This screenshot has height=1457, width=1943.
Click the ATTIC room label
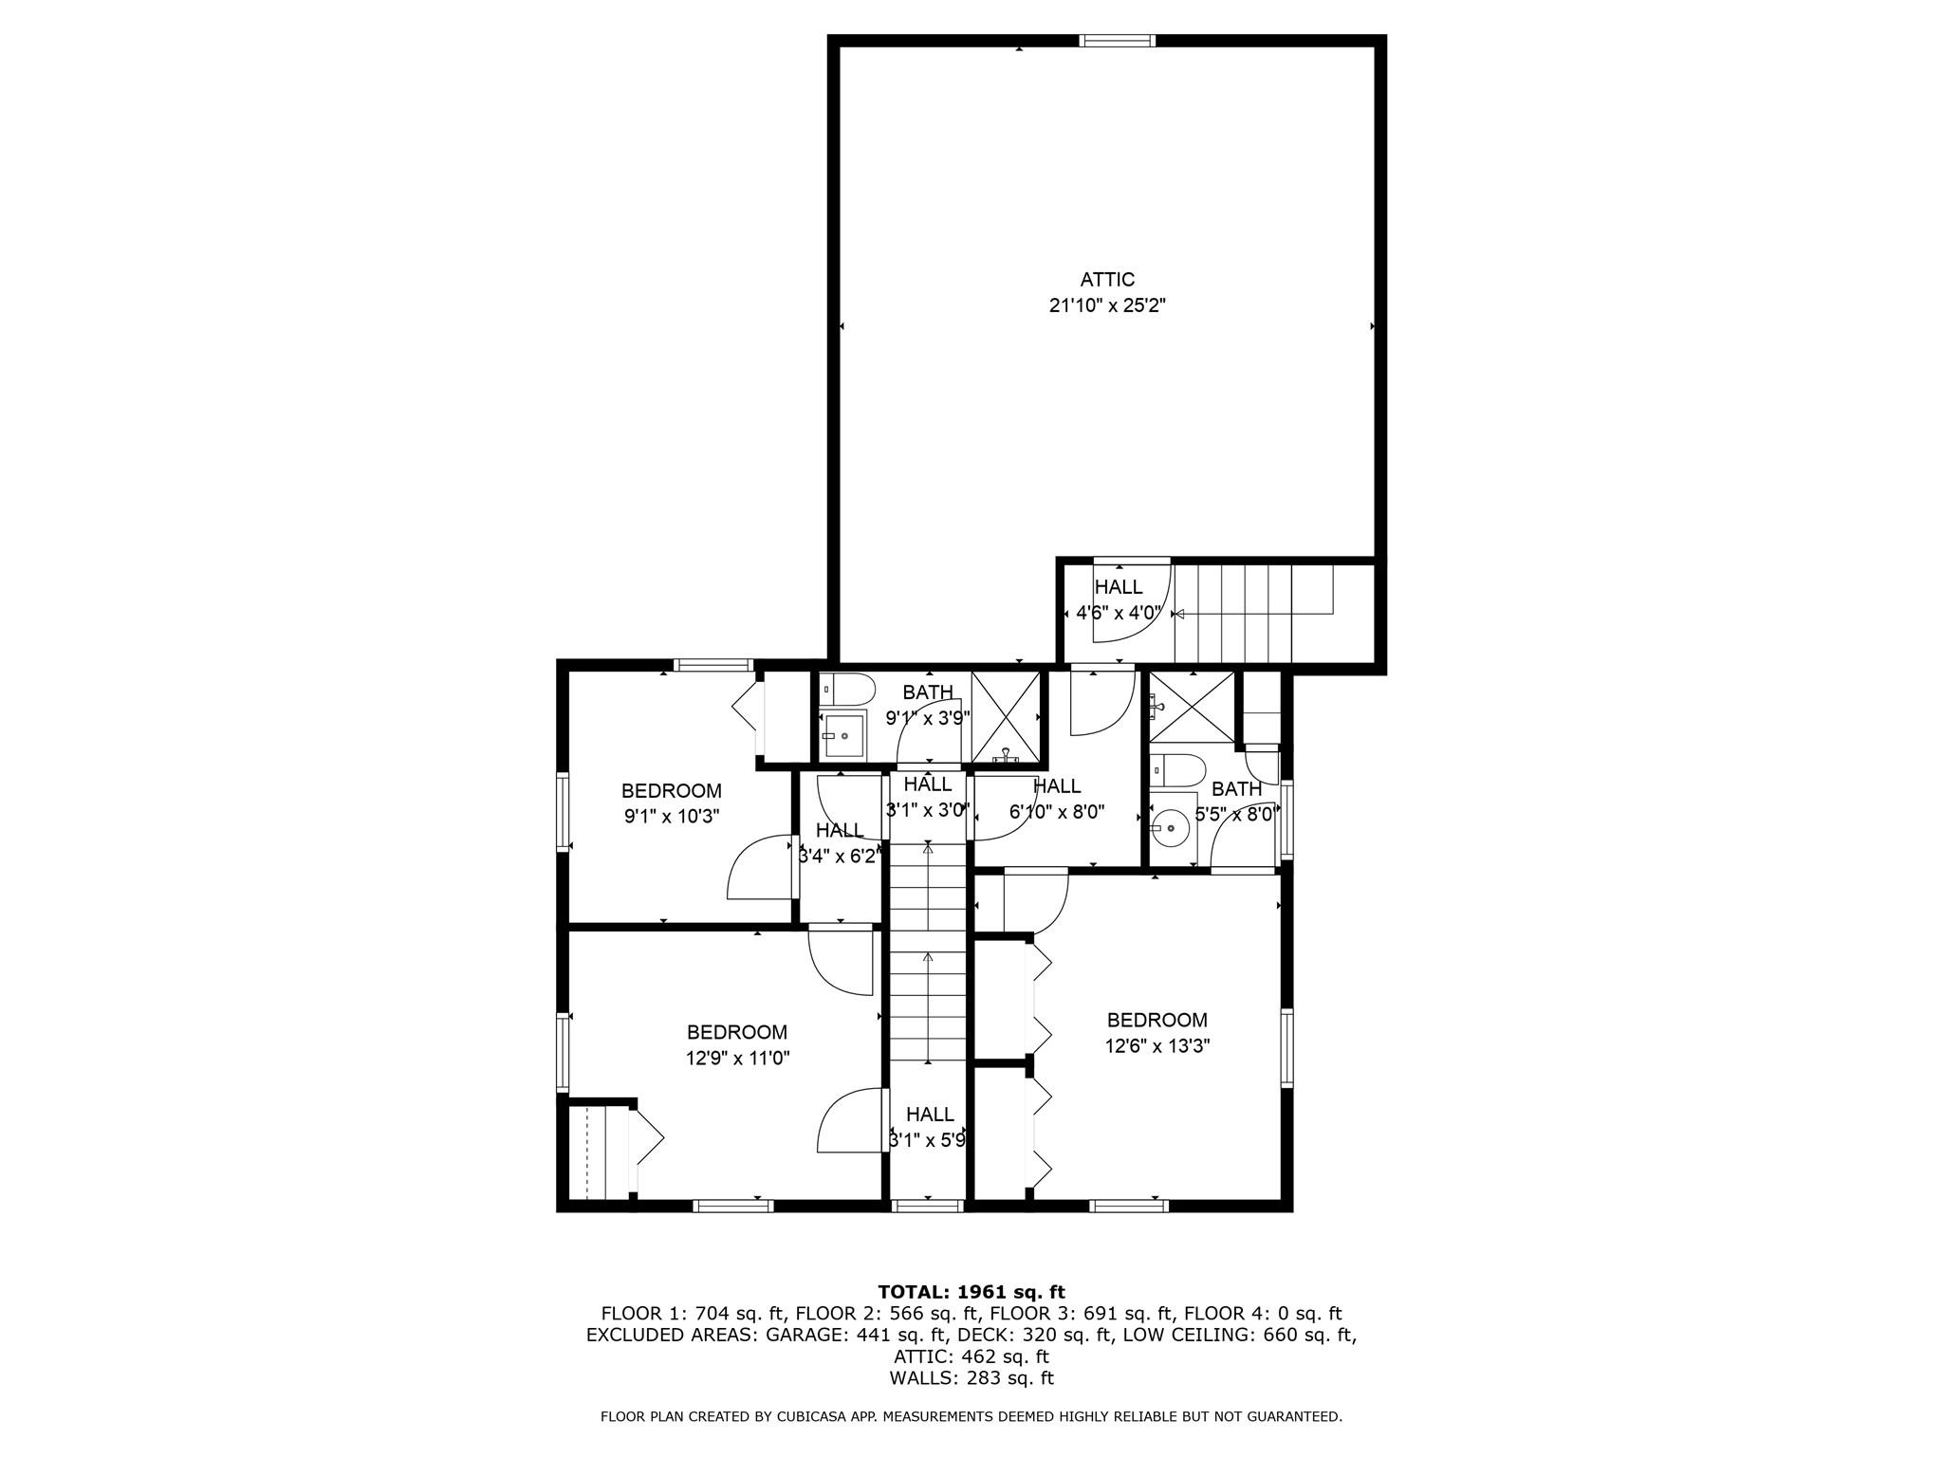click(1107, 280)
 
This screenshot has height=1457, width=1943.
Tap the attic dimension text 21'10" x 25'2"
click(1107, 305)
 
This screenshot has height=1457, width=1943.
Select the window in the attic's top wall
click(1117, 41)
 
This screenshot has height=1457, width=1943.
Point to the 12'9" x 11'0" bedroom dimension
click(737, 1058)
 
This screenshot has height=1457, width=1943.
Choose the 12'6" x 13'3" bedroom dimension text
click(1157, 1045)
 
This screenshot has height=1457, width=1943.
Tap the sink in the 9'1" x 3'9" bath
click(843, 735)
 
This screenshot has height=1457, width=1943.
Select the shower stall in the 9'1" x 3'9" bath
click(1006, 717)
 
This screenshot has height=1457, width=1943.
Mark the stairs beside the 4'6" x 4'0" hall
click(1252, 613)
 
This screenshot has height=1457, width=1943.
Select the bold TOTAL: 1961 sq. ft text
click(971, 1292)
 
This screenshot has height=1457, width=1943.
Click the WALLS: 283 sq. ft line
click(971, 1378)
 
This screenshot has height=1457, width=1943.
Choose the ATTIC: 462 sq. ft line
click(971, 1356)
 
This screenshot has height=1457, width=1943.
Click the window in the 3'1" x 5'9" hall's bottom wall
click(928, 1206)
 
